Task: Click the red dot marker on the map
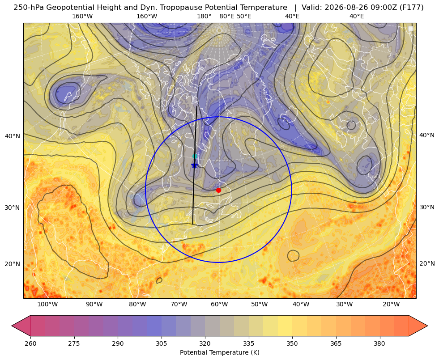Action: click(x=218, y=190)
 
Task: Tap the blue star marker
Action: click(x=194, y=165)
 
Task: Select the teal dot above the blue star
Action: click(x=195, y=156)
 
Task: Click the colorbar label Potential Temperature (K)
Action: click(x=219, y=352)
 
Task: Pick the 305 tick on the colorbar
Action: click(x=161, y=343)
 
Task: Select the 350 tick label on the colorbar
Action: click(x=292, y=343)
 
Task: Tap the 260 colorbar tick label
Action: click(x=30, y=343)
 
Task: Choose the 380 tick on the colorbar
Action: click(x=379, y=343)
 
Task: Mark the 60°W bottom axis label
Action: click(x=219, y=304)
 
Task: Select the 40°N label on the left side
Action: click(x=13, y=136)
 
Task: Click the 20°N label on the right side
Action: click(x=427, y=263)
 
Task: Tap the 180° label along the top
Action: click(x=204, y=16)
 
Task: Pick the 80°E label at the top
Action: click(x=226, y=16)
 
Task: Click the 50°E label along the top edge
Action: click(x=244, y=16)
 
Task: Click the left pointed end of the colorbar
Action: click(x=12, y=326)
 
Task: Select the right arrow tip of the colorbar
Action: click(x=427, y=326)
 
